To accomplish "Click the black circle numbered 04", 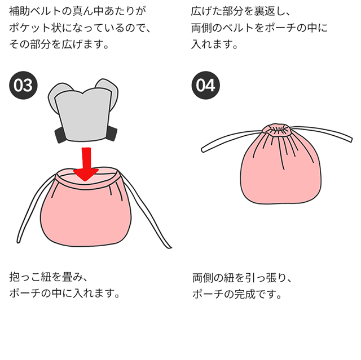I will pos(206,86).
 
